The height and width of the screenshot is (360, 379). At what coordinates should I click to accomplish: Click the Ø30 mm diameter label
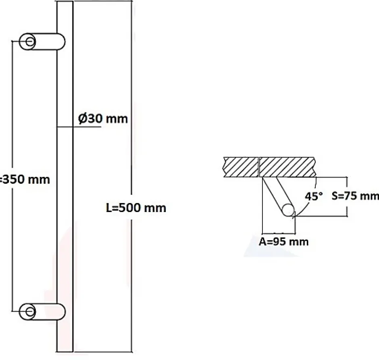coord(102,119)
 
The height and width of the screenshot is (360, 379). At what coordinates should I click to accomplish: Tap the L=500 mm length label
coord(136,208)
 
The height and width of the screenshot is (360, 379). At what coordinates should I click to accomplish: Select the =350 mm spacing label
coord(25,179)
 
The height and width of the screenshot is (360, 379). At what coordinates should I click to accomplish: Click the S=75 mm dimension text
coord(355,196)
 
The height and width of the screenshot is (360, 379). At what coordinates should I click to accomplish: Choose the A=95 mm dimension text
coord(283,241)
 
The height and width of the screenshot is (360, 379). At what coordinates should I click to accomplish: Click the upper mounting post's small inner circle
coord(30,42)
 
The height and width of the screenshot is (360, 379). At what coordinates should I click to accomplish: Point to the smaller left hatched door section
coord(241,166)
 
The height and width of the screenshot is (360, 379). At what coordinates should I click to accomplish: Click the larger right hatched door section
coord(288,166)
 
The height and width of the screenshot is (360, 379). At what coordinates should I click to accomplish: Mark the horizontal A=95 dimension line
coord(278,233)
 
